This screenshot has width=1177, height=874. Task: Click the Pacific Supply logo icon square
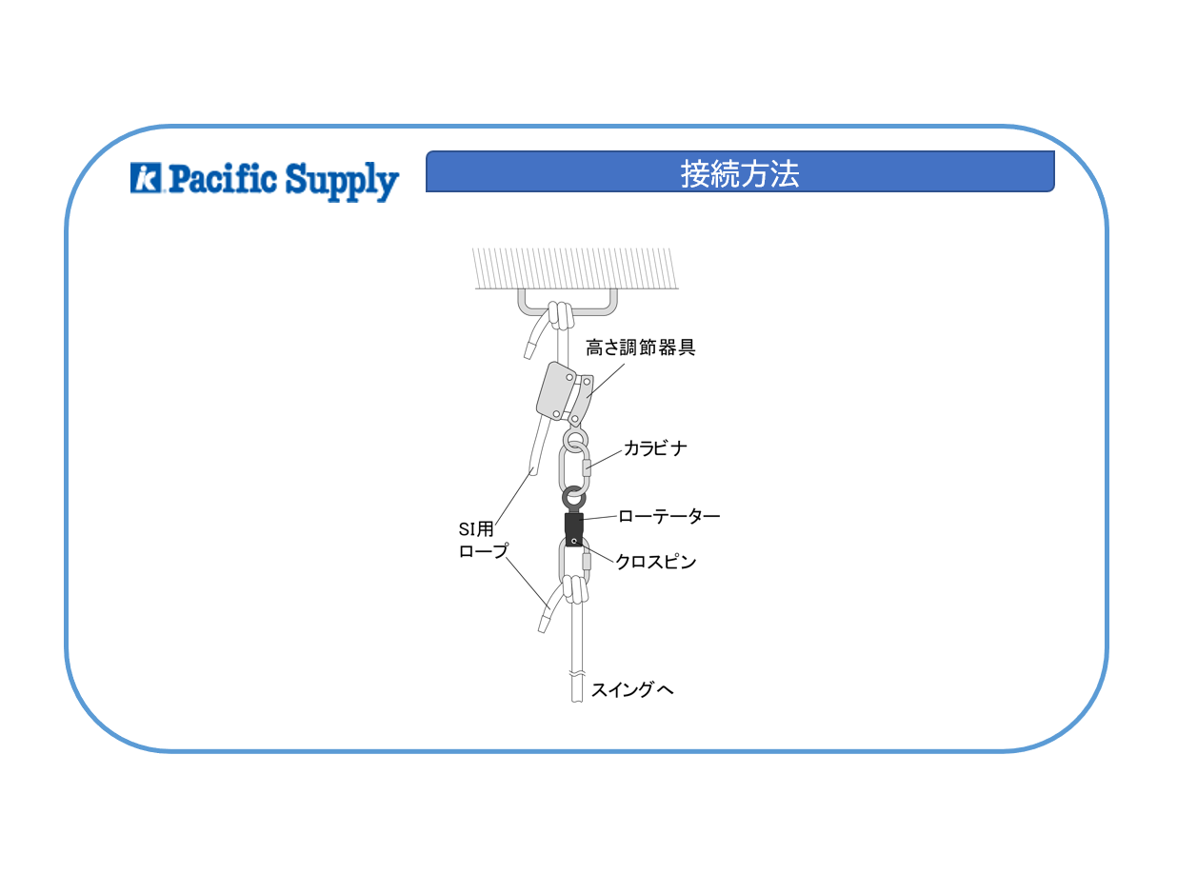pyautogui.click(x=146, y=177)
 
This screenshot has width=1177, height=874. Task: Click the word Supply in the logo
pyautogui.click(x=342, y=182)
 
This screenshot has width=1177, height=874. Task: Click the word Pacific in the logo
pyautogui.click(x=223, y=178)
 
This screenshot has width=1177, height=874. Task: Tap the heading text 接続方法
pyautogui.click(x=739, y=173)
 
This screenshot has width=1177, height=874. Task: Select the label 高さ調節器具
pyautogui.click(x=640, y=348)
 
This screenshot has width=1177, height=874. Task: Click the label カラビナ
pyautogui.click(x=655, y=448)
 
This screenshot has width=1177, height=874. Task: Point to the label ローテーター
pyautogui.click(x=669, y=516)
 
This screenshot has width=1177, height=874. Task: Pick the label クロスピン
pyautogui.click(x=656, y=562)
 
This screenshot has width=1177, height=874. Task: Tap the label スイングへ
pyautogui.click(x=632, y=689)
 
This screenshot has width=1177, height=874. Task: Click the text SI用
pyautogui.click(x=476, y=528)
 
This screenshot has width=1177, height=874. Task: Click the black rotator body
pyautogui.click(x=573, y=529)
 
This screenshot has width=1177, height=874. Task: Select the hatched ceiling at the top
pyautogui.click(x=575, y=268)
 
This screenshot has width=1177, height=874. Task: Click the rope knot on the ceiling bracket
pyautogui.click(x=560, y=315)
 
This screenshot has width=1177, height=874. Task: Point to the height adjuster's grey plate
pyautogui.click(x=555, y=391)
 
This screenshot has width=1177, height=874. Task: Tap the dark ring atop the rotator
pyautogui.click(x=573, y=498)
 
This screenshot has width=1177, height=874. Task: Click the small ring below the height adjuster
pyautogui.click(x=575, y=440)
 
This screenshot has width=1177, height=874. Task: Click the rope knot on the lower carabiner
pyautogui.click(x=575, y=589)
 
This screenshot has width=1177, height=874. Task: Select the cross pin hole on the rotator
pyautogui.click(x=573, y=542)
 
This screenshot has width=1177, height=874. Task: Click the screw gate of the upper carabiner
pyautogui.click(x=587, y=467)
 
